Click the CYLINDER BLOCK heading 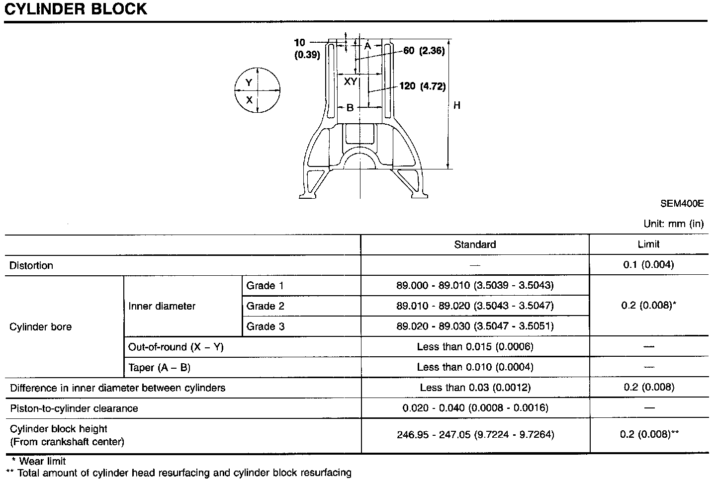coord(76,9)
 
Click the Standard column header coord(475,244)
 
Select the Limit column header coord(648,244)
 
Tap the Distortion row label coord(31,265)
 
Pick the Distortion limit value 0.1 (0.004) coord(648,265)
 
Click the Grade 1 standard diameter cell coord(475,285)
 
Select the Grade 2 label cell coord(266,306)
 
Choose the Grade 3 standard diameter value coord(475,326)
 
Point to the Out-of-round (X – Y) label coord(176,347)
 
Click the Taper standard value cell coord(475,367)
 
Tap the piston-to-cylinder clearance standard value coord(475,408)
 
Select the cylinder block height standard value coord(475,435)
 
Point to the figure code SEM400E coord(682,203)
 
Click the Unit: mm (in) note coord(673,224)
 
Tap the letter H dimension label coord(456,105)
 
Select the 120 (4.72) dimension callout coord(422,86)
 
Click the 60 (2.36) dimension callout coord(423,51)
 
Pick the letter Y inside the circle coord(249,82)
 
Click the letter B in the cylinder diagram coord(350,107)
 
